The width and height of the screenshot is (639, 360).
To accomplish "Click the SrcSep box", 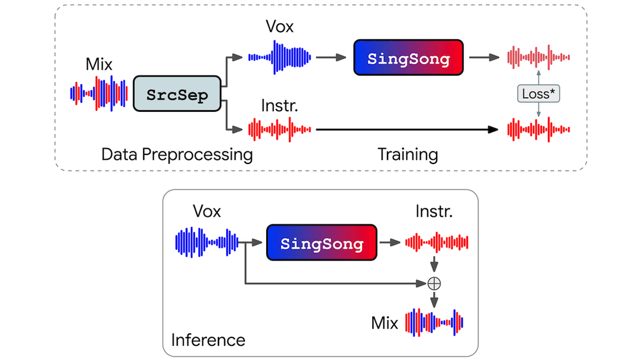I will point(177,94).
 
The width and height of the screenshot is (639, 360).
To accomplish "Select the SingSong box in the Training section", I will point(408,58).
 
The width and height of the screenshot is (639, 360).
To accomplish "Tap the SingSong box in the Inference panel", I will point(322,243).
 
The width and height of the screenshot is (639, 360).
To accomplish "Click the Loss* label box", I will point(538,93).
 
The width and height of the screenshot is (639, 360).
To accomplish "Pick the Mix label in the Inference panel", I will point(385,323).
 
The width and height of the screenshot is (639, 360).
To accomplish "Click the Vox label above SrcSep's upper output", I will point(279,27).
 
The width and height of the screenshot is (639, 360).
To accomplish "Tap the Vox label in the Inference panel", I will point(206,211).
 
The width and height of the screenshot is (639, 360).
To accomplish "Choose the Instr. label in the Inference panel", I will point(434,211).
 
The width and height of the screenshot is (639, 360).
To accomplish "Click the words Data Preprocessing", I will point(177,155).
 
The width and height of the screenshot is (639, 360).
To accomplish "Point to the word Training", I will point(408,155).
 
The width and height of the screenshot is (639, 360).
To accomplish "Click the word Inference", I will point(208,340).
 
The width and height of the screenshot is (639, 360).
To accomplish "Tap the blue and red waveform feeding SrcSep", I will point(99,93).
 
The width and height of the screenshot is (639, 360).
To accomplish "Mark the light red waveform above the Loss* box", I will point(538,57).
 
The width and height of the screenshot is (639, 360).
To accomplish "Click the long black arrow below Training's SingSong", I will point(408,128).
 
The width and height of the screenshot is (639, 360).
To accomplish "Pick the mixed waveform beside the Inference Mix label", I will point(434,322).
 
